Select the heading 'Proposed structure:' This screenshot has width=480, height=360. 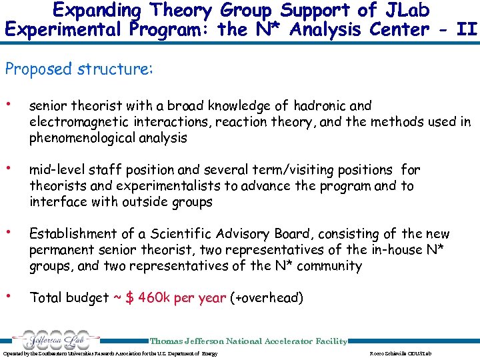pos(79,69)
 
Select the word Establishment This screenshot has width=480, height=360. pos(73,234)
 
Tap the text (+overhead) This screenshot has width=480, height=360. pos(266,298)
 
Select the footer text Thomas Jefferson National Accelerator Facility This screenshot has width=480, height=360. pos(249,341)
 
